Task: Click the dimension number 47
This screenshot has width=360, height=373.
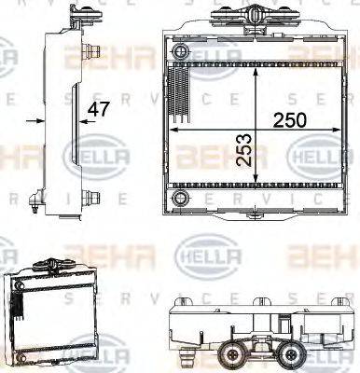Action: pos(98,110)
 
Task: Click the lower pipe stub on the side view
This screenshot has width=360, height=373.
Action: pos(93,197)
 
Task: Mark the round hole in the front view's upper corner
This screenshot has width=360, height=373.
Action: pos(179,48)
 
